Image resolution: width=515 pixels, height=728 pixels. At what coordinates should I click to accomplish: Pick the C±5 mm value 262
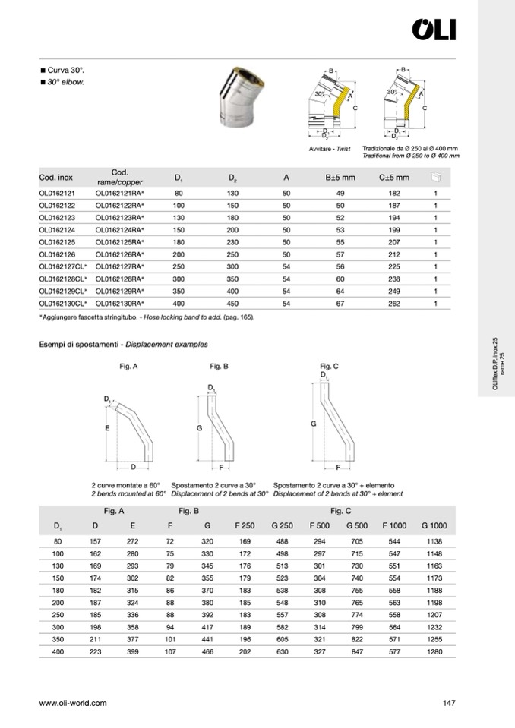[388, 303]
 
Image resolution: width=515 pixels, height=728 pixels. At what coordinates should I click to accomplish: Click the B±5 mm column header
[330, 178]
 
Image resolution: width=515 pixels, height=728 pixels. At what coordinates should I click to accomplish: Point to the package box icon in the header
[436, 178]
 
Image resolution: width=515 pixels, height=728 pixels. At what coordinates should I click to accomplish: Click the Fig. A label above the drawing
[129, 367]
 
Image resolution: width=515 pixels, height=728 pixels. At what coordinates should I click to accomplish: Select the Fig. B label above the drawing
[220, 367]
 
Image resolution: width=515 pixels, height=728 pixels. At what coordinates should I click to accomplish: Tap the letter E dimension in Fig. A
[108, 429]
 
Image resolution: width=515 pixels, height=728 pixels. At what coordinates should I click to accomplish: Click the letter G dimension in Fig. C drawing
[313, 424]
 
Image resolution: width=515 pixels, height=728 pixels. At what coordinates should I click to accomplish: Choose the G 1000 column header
[433, 525]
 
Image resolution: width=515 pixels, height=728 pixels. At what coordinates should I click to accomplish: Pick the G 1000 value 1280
[433, 653]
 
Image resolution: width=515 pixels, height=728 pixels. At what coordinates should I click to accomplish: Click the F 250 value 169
[245, 540]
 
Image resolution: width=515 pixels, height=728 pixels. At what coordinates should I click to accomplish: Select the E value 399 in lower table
[133, 653]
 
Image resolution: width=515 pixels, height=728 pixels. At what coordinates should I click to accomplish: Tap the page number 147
[448, 703]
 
